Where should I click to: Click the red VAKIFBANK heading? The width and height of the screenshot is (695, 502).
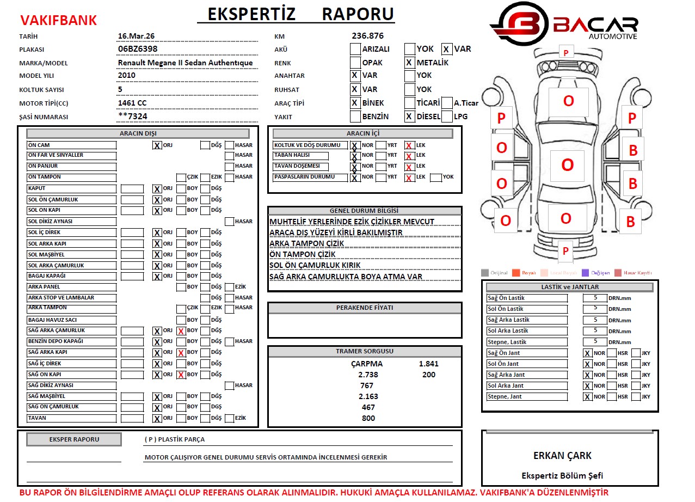tap(58, 21)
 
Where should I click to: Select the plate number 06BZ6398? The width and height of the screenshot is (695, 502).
tap(138, 49)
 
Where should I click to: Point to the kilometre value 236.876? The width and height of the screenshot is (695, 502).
tap(367, 36)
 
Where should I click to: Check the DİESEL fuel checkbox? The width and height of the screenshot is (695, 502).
tap(410, 117)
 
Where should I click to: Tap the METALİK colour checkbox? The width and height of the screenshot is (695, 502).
tap(410, 63)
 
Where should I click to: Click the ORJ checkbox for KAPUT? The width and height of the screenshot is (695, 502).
tap(157, 189)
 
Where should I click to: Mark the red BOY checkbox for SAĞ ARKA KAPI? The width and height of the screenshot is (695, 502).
tap(181, 353)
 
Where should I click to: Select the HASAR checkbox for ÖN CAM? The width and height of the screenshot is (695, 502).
tap(230, 145)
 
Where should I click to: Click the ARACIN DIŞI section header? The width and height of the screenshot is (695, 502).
tap(138, 133)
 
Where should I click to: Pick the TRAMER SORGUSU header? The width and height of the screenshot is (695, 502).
tap(365, 351)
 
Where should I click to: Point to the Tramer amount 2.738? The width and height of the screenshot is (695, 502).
tap(368, 375)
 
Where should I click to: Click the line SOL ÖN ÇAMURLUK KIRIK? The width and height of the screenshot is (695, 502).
tap(315, 265)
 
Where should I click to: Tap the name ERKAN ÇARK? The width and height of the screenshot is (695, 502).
tap(562, 456)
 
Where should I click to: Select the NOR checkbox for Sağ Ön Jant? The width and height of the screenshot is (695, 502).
tap(587, 353)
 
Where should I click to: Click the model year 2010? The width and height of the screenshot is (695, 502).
tap(127, 76)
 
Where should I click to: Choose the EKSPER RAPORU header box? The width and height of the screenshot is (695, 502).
tap(74, 439)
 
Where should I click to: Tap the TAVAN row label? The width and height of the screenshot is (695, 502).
tap(71, 418)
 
